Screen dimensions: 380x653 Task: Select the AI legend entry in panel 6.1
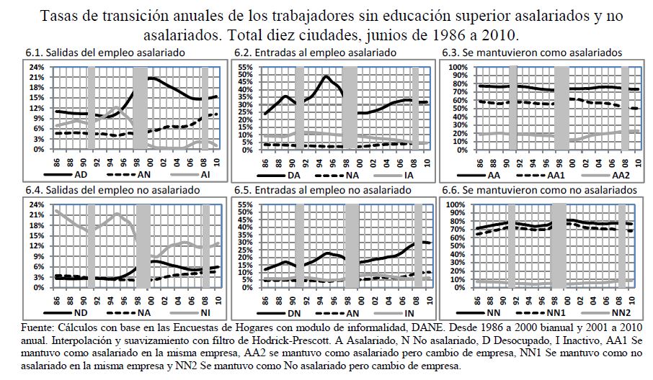tap(204, 175)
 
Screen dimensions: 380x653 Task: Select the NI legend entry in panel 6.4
tap(205, 313)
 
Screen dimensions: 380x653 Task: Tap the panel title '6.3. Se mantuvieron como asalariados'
tap(532, 53)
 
